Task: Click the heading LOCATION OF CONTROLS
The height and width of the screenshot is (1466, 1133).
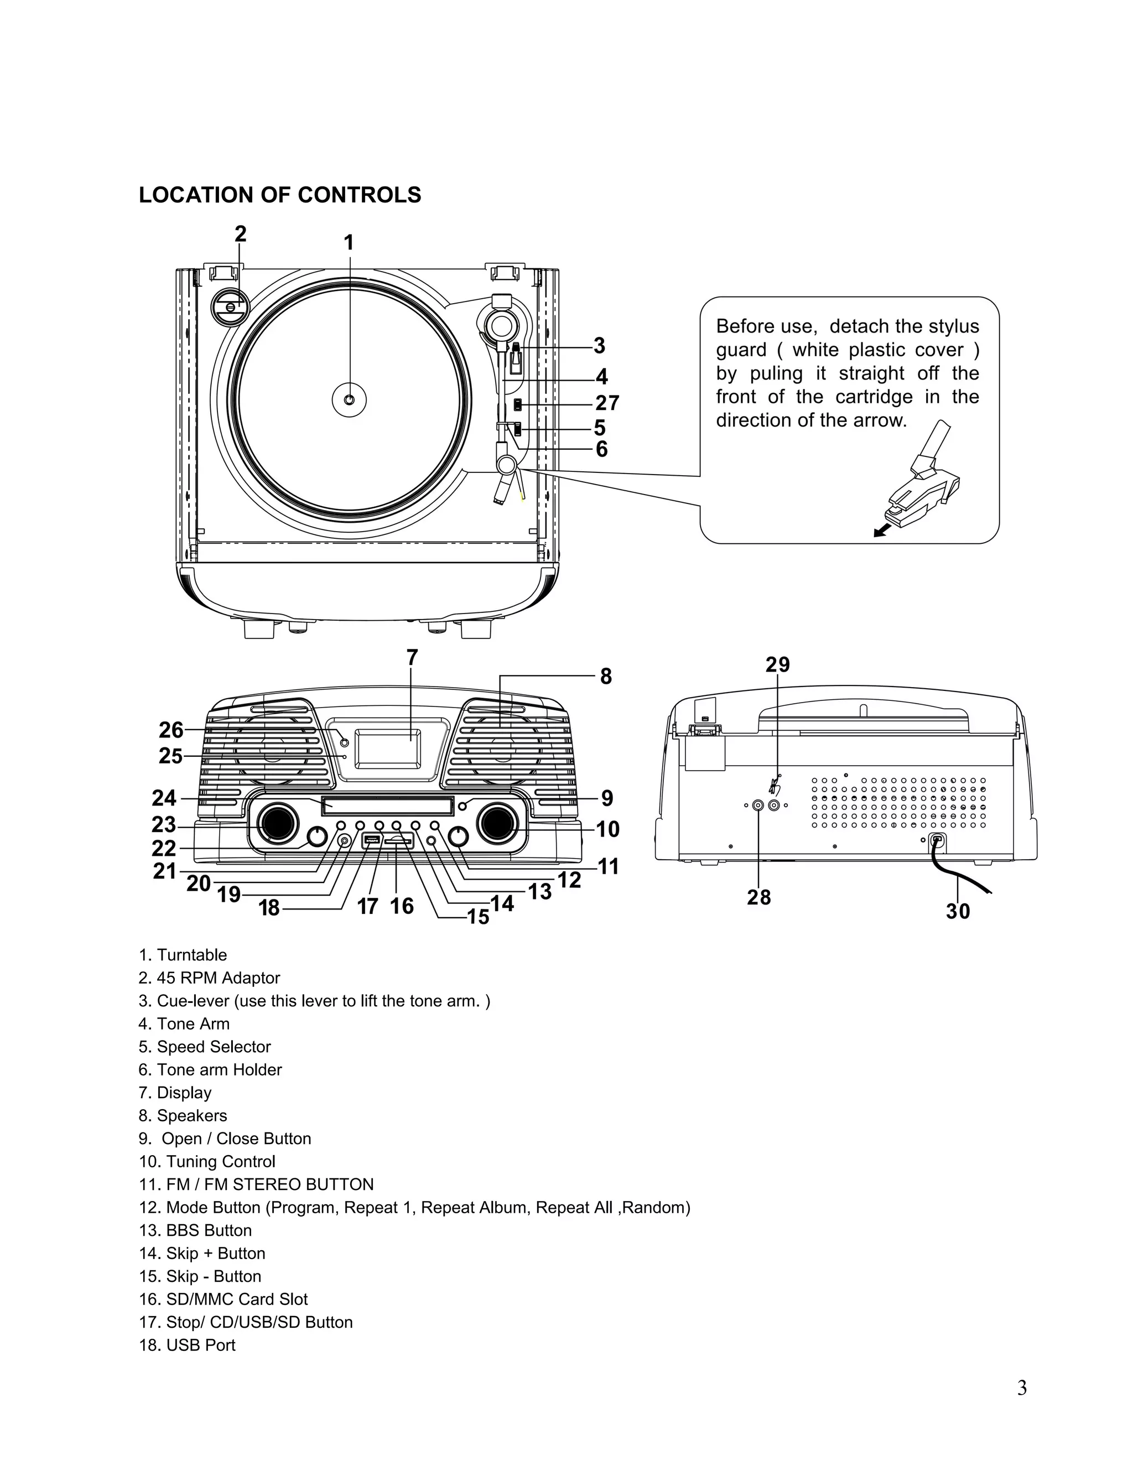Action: pyautogui.click(x=279, y=195)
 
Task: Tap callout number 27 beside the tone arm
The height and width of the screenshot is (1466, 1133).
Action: pyautogui.click(x=607, y=403)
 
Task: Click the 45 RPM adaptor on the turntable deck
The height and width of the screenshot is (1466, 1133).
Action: pyautogui.click(x=230, y=306)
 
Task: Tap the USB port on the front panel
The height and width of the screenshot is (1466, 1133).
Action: pyautogui.click(x=371, y=840)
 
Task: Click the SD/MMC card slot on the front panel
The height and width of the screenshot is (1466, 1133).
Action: pyautogui.click(x=398, y=840)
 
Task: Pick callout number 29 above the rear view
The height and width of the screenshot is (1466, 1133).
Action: pyautogui.click(x=777, y=664)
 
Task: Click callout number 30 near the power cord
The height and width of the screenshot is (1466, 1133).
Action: pyautogui.click(x=957, y=911)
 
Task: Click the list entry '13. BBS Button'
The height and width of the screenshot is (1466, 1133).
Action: pyautogui.click(x=195, y=1230)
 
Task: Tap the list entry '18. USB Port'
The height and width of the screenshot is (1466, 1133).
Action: pyautogui.click(x=188, y=1345)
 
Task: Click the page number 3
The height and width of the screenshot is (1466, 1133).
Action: pyautogui.click(x=1021, y=1388)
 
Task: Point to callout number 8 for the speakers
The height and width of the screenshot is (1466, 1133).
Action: pyautogui.click(x=605, y=677)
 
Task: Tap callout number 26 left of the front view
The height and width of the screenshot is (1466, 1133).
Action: pyautogui.click(x=170, y=730)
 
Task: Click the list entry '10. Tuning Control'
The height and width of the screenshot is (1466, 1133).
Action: pyautogui.click(x=207, y=1161)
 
